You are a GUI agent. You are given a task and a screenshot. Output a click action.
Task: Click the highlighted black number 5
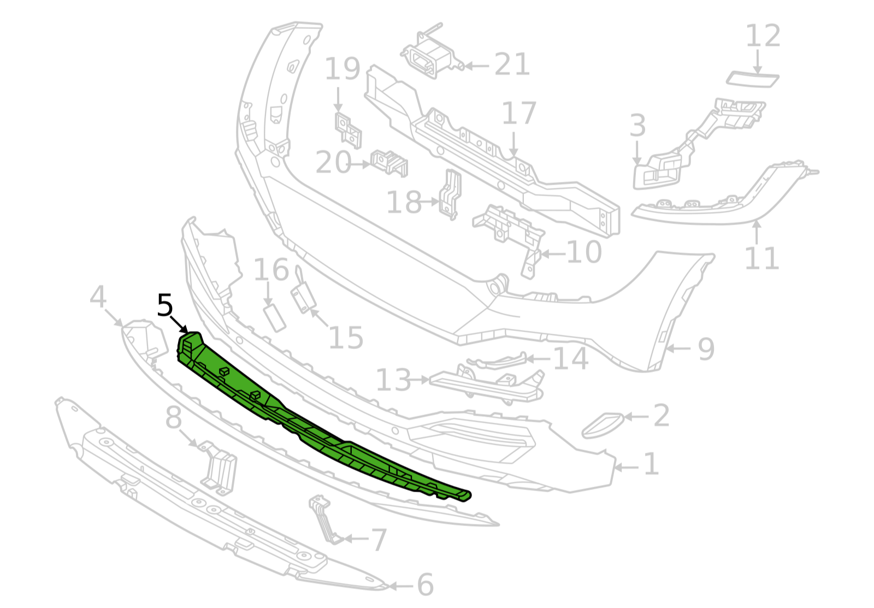coord(164,305)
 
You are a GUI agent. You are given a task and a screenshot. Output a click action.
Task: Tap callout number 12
coord(763,36)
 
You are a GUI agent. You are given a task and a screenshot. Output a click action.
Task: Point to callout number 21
coord(512,65)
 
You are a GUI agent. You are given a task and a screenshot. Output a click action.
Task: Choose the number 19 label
coord(342,69)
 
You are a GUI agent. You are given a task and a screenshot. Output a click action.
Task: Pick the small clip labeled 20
coord(389,162)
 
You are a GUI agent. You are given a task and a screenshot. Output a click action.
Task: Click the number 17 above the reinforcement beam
coord(519,114)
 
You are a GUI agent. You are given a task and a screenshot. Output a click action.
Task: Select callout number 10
coord(584,252)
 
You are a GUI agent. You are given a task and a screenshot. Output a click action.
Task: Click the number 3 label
coord(637,126)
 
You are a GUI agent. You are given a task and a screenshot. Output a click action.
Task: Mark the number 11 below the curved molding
coord(761,258)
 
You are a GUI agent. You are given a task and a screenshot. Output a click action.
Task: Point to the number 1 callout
coord(651,464)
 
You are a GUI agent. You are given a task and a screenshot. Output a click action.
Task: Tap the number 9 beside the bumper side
coord(706,349)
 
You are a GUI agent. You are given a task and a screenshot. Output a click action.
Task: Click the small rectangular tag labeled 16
coord(275,318)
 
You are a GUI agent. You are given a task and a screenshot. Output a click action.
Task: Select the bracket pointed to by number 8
coord(220,467)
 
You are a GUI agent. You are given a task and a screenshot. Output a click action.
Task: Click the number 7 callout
coord(379,540)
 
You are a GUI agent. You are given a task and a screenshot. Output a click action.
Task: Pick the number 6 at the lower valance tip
coord(425,585)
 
